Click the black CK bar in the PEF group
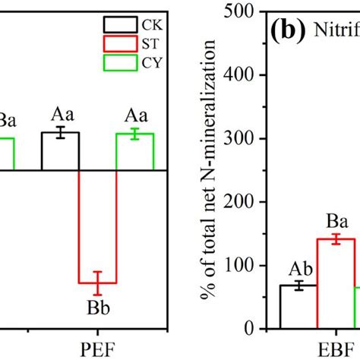tap(60, 151)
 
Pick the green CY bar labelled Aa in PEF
tap(134, 151)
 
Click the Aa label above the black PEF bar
tap(60, 116)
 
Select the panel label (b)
tap(285, 33)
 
